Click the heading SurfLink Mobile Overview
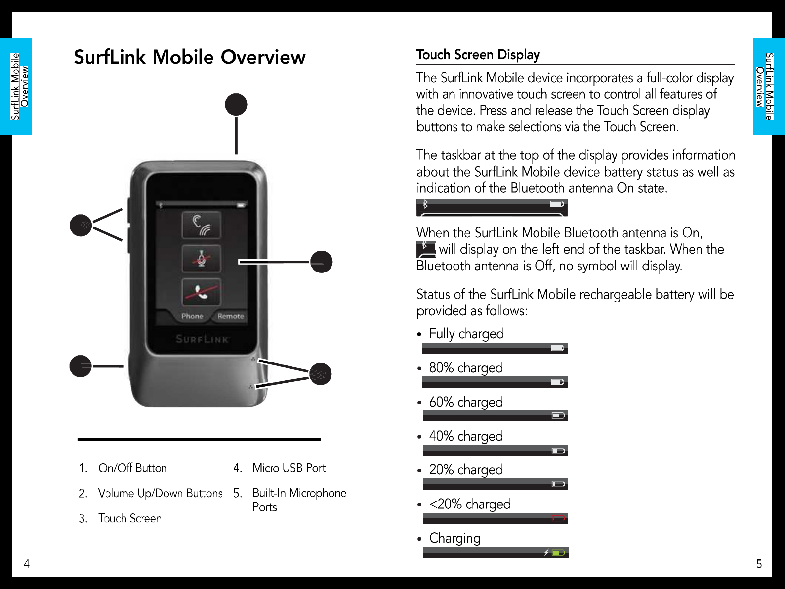pyautogui.click(x=190, y=57)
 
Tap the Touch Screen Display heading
pyautogui.click(x=478, y=55)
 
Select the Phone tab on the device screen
pyautogui.click(x=192, y=316)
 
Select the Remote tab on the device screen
pyautogui.click(x=231, y=316)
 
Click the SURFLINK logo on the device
pyautogui.click(x=202, y=339)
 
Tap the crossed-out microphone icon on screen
pyautogui.click(x=201, y=258)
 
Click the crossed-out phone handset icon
pyautogui.click(x=201, y=292)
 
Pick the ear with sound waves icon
pyautogui.click(x=201, y=225)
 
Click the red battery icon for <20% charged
pyautogui.click(x=558, y=518)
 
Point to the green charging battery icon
pyautogui.click(x=558, y=552)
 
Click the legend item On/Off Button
pyautogui.click(x=132, y=468)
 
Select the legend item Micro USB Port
pyautogui.click(x=289, y=468)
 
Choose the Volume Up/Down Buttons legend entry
pyautogui.click(x=160, y=493)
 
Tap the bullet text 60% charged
pyautogui.click(x=466, y=402)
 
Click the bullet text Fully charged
pyautogui.click(x=466, y=334)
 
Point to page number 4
pyautogui.click(x=27, y=564)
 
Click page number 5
pyautogui.click(x=759, y=564)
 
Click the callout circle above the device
pyautogui.click(x=236, y=105)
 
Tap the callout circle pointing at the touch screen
pyautogui.click(x=321, y=262)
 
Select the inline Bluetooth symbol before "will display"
pyautogui.click(x=425, y=249)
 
